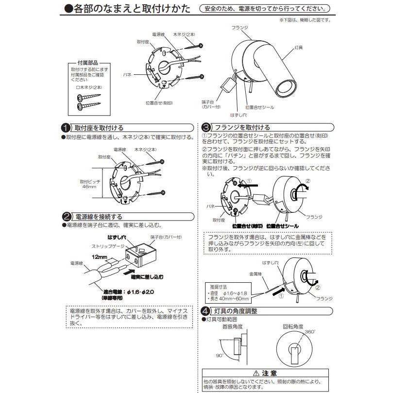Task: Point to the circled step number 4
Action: [206, 311]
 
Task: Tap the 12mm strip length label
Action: [96, 256]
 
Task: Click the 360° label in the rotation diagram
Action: [310, 330]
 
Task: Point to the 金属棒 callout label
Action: [255, 273]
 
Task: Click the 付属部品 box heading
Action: [88, 63]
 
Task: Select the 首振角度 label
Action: [232, 326]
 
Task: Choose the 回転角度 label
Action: [293, 326]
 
